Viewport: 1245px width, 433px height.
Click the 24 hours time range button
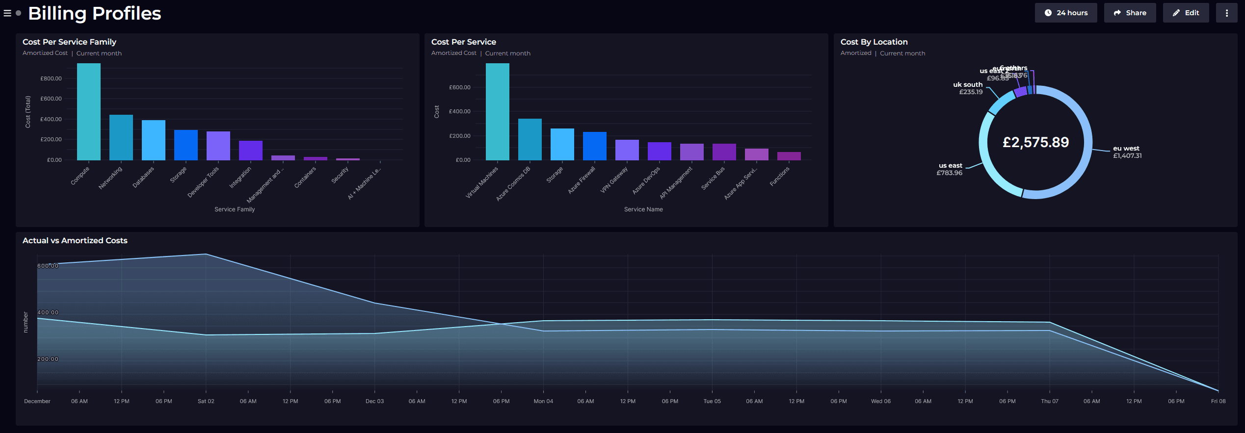pos(1065,13)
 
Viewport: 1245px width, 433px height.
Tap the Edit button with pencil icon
pos(1186,13)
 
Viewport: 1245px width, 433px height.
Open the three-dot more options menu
pos(1226,13)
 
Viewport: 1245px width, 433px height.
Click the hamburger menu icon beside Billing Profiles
pos(7,13)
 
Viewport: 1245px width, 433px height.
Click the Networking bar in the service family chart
pos(121,138)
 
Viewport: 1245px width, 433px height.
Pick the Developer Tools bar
pos(218,146)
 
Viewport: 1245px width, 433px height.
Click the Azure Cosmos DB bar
pos(530,140)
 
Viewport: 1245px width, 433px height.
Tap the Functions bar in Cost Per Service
pos(789,156)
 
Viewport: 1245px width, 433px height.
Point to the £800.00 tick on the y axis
pos(51,78)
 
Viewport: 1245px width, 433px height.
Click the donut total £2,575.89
pos(1035,142)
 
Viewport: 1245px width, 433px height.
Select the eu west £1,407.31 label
pos(1127,152)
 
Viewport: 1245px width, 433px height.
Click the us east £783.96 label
pos(950,169)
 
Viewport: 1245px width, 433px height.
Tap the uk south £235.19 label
pos(968,88)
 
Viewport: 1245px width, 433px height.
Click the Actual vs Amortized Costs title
pos(75,241)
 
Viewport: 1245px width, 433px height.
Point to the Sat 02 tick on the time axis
pos(206,401)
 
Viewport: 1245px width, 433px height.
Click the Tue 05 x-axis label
pos(712,401)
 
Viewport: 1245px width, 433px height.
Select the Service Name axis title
pos(643,209)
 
